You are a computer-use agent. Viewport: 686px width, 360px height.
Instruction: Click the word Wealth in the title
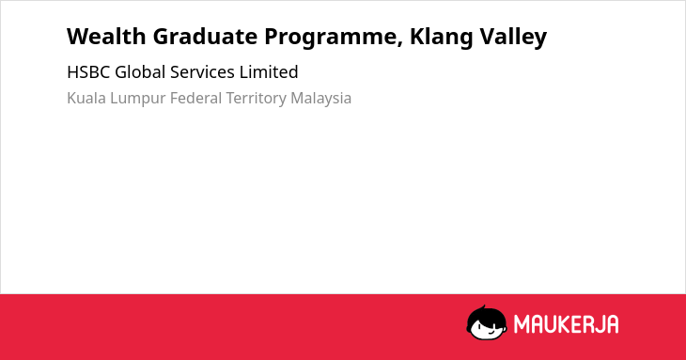click(106, 37)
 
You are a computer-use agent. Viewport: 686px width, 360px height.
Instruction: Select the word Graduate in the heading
click(205, 37)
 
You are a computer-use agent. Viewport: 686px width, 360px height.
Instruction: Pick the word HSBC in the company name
click(88, 72)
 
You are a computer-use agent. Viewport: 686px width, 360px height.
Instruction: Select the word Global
click(140, 72)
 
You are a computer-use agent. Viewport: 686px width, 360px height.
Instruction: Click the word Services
click(202, 72)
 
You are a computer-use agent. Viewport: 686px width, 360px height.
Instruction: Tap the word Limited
click(269, 72)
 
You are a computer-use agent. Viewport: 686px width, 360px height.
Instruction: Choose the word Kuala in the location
click(86, 98)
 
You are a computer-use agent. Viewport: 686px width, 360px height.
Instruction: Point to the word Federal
click(195, 98)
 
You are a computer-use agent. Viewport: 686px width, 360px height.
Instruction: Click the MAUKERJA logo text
click(566, 324)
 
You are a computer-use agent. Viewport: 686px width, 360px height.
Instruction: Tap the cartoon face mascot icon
click(487, 323)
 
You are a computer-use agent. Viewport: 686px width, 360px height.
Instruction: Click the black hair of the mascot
click(486, 315)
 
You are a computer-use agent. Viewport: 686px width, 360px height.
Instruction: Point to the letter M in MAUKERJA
click(521, 324)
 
